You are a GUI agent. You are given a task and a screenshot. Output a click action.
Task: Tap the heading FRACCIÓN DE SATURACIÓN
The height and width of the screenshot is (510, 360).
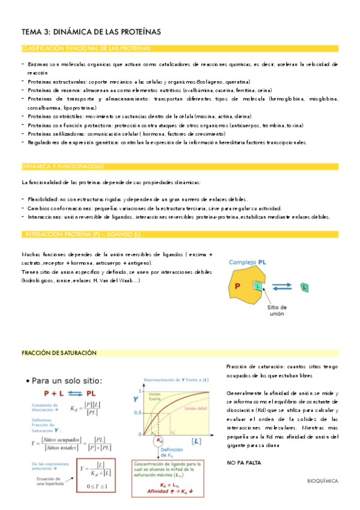click(59, 353)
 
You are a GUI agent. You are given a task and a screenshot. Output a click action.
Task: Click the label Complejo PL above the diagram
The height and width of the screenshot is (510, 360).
click(248, 263)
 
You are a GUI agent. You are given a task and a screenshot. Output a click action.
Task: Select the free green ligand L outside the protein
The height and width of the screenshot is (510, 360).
click(304, 288)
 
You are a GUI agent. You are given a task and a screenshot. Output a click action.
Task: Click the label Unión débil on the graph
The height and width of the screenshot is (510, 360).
click(195, 408)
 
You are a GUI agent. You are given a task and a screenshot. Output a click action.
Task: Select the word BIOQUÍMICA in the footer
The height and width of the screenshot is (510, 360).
click(322, 481)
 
